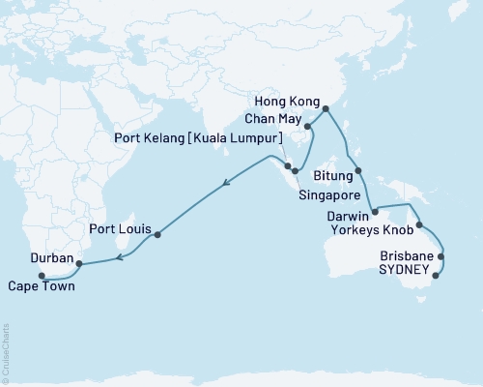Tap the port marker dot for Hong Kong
324,108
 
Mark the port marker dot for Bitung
359,171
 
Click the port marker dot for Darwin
374,209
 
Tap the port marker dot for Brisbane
441,257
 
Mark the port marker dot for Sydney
436,276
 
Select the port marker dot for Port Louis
156,234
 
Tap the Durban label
48,259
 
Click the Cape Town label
40,286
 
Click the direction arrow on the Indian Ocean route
226,181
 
